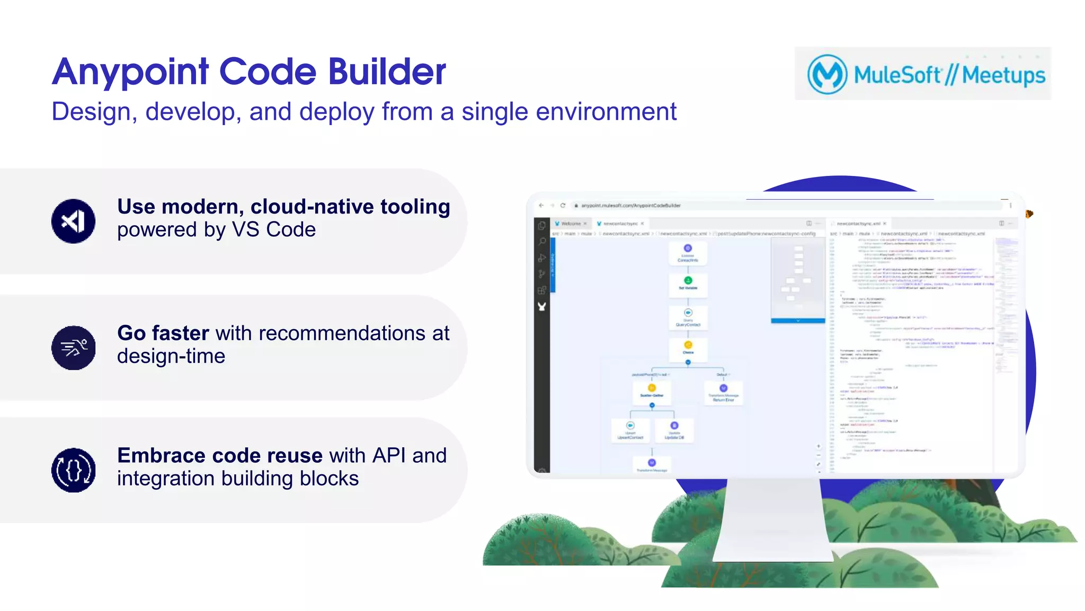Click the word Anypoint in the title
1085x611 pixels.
(x=130, y=72)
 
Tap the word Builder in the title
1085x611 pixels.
(x=387, y=72)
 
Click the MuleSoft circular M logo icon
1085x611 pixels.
(x=826, y=74)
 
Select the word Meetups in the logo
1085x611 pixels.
(x=1003, y=75)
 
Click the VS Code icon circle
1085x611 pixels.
(x=74, y=221)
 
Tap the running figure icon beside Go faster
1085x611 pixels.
(x=74, y=348)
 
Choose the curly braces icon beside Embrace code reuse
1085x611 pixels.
(x=74, y=470)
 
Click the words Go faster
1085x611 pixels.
(x=163, y=333)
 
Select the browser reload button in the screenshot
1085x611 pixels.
(x=563, y=206)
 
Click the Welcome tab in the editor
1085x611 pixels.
(x=571, y=224)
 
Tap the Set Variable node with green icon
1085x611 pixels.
(x=688, y=283)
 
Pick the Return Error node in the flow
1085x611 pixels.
(x=723, y=393)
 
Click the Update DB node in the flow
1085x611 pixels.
(x=674, y=430)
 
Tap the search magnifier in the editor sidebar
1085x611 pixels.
(x=542, y=242)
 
